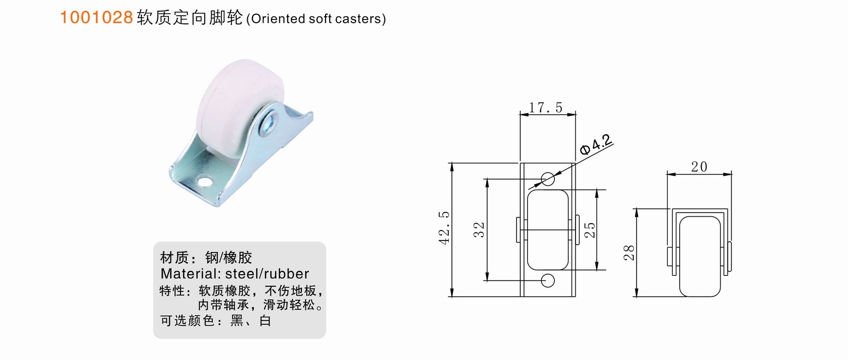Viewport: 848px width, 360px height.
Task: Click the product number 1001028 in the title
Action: click(x=96, y=17)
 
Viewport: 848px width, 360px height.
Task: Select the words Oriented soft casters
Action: click(x=317, y=19)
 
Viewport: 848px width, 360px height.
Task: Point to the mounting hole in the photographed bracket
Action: click(x=204, y=183)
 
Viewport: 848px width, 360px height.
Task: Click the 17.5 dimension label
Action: click(x=546, y=108)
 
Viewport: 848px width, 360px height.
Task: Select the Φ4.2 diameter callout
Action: click(x=597, y=145)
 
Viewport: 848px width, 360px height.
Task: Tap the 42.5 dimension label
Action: click(x=445, y=228)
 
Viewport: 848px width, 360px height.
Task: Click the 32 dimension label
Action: click(x=479, y=230)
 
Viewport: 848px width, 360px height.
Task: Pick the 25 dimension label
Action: click(x=590, y=230)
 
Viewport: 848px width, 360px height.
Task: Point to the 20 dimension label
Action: click(x=699, y=167)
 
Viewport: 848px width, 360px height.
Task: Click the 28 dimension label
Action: click(x=629, y=253)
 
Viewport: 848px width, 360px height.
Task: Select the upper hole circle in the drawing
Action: click(x=548, y=179)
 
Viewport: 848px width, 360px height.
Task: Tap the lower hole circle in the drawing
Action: click(x=548, y=281)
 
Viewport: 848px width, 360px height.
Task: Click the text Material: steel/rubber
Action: click(x=235, y=274)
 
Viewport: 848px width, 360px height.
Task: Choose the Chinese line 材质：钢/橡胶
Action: click(x=206, y=257)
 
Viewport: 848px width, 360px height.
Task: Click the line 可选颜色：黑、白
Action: click(x=216, y=321)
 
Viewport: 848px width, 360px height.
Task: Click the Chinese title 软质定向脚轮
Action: click(x=189, y=18)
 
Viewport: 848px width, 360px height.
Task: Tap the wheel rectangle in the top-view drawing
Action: click(x=548, y=230)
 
